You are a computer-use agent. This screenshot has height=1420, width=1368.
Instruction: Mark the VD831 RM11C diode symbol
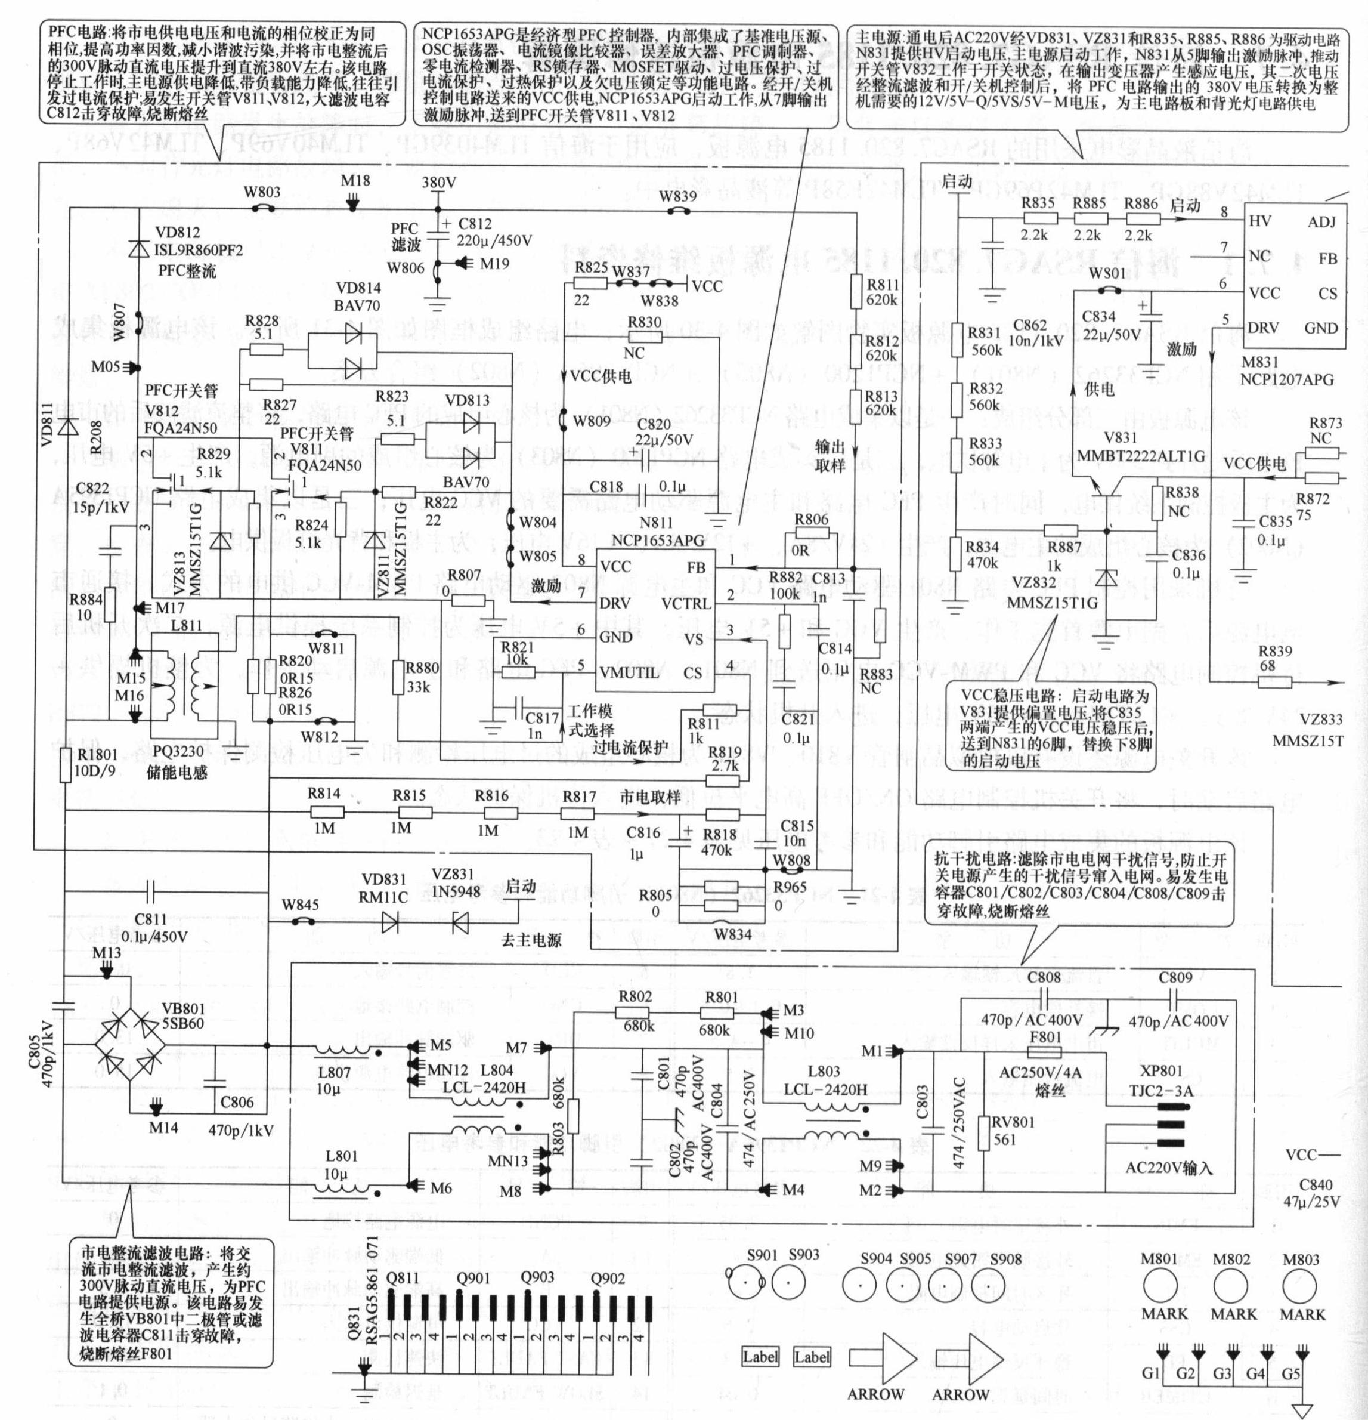(x=391, y=922)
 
